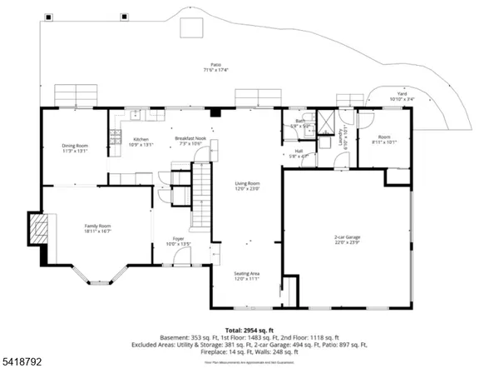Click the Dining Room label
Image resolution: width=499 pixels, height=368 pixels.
(74, 148)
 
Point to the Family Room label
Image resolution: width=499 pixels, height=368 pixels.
(97, 229)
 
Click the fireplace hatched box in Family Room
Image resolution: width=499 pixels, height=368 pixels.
(37, 226)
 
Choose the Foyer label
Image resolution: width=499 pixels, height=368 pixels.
(179, 241)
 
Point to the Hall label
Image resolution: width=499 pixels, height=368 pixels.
(299, 153)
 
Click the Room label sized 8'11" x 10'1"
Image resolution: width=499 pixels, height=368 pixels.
(384, 138)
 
